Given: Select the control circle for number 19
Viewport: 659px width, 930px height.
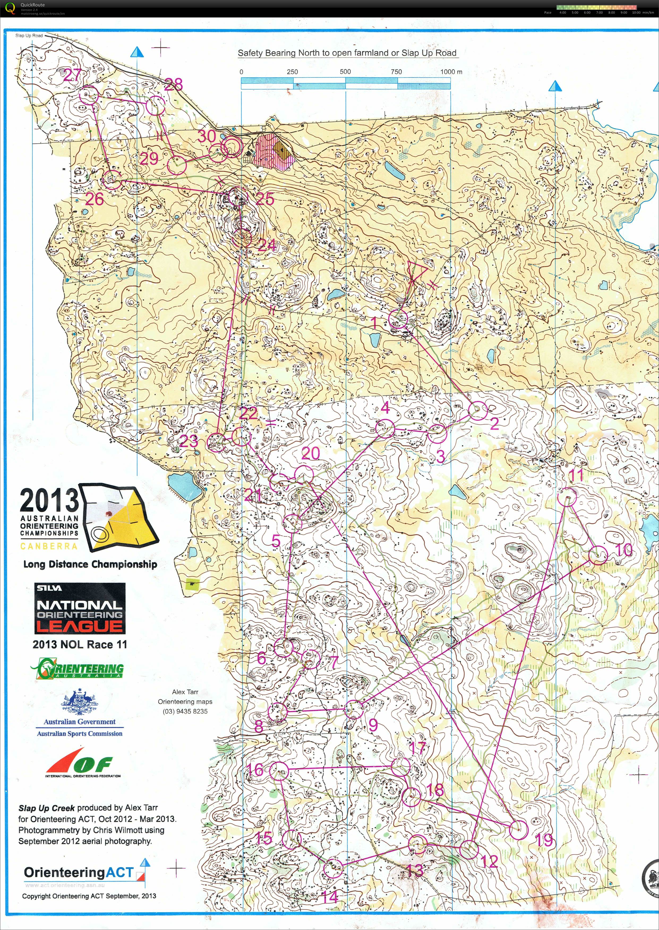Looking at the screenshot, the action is [x=518, y=829].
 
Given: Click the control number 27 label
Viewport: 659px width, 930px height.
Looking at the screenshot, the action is [x=72, y=75].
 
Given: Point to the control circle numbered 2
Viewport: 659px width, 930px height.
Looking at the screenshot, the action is [x=478, y=410].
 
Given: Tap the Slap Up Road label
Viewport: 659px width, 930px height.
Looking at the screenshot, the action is [x=29, y=36].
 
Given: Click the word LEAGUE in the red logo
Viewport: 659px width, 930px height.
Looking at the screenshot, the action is [x=80, y=626].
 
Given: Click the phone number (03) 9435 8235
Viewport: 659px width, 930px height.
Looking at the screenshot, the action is [x=185, y=711].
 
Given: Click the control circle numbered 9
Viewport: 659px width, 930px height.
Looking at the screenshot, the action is [x=354, y=709].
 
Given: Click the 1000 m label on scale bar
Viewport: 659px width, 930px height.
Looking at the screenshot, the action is [x=451, y=71].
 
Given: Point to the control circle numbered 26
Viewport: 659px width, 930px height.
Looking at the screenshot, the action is [x=112, y=180].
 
